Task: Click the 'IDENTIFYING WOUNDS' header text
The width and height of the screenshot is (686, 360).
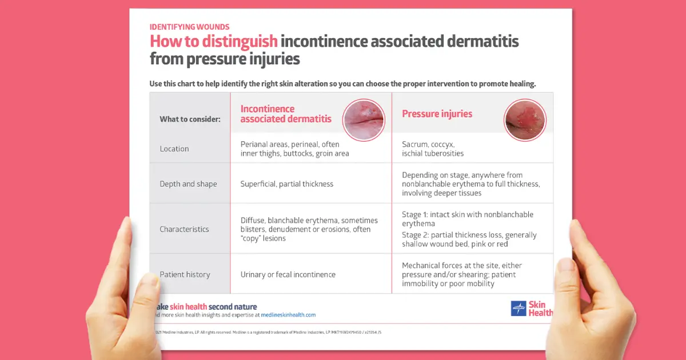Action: tap(189, 27)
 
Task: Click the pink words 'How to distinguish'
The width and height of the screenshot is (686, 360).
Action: tap(213, 42)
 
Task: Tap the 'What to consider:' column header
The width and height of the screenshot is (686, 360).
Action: tap(190, 119)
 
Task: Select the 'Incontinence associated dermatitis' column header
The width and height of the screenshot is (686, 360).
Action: tap(286, 114)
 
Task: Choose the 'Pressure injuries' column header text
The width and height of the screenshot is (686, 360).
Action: tap(437, 114)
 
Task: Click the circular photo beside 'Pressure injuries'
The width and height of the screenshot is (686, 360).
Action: tap(525, 120)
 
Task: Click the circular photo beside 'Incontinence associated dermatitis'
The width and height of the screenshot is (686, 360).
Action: tap(364, 120)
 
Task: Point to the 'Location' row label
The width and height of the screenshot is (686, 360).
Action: tap(174, 149)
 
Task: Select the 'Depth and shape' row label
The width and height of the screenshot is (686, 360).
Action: tap(188, 184)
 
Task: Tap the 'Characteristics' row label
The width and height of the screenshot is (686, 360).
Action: tap(184, 229)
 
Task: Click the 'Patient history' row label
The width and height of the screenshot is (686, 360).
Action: tap(185, 274)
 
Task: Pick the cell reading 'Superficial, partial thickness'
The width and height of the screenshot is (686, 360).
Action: tap(286, 184)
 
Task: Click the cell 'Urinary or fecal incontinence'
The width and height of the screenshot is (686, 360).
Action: tap(288, 274)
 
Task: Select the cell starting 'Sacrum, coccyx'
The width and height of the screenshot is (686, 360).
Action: tap(433, 149)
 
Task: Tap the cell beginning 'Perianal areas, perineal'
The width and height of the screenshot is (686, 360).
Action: tap(294, 149)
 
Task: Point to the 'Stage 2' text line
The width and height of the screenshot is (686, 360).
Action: tap(469, 239)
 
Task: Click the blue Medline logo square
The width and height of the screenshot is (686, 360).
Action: tap(518, 309)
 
